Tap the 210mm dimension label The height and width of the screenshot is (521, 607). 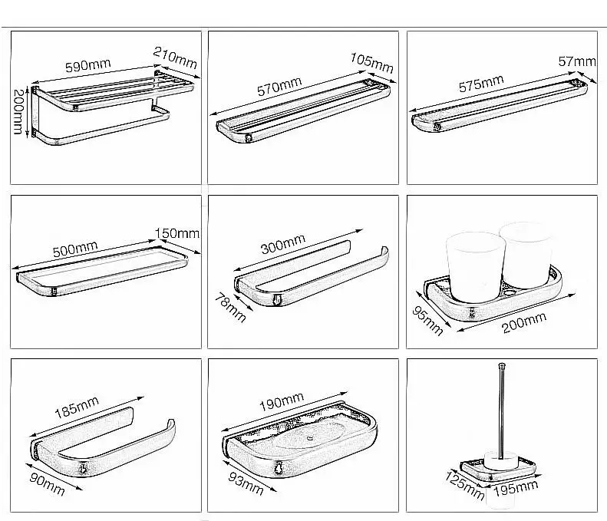175,56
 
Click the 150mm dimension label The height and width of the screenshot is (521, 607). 177,232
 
